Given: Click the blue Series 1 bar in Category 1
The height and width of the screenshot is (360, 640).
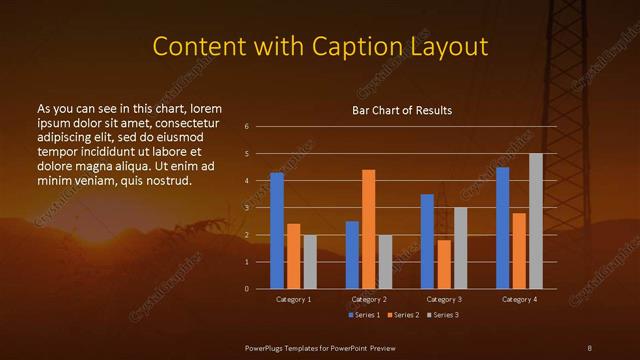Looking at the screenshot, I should click(x=277, y=231).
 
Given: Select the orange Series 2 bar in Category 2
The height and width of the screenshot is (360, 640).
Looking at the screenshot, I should click(x=368, y=229).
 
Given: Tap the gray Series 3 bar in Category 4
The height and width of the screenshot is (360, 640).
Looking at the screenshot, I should click(x=536, y=221).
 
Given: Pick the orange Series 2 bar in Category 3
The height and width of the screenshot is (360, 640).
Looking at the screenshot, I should click(x=444, y=264).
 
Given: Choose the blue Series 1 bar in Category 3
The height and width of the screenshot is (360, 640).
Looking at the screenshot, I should click(x=427, y=241).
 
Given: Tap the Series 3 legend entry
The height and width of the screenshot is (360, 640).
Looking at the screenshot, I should click(x=444, y=315).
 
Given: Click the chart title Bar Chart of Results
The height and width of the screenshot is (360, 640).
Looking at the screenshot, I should click(x=402, y=110).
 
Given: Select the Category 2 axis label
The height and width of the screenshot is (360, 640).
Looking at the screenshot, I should click(x=369, y=299).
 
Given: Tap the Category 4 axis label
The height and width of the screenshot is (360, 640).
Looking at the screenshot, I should click(x=519, y=299).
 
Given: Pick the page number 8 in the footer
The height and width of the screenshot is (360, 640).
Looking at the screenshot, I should click(x=589, y=347).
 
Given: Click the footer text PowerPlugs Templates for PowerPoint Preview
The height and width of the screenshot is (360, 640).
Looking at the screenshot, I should click(x=321, y=347).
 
